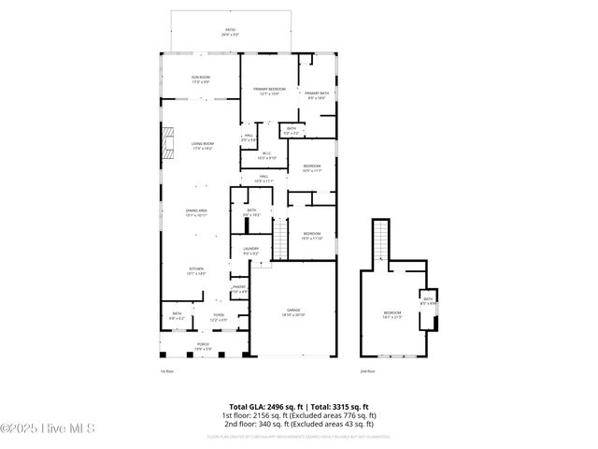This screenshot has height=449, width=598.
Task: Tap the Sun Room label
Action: click(201, 79)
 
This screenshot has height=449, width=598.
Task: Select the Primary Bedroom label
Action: click(269, 91)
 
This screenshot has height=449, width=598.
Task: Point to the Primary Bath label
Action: click(315, 94)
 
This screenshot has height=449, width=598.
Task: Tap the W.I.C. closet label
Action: click(266, 155)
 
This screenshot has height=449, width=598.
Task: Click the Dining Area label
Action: click(196, 212)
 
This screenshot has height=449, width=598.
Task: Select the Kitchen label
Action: click(196, 271)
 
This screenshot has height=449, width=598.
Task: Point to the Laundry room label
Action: click(250, 251)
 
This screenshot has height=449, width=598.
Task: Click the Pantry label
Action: click(239, 289)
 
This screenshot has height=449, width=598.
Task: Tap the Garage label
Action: click(294, 313)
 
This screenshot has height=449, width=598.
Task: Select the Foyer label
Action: click(218, 318)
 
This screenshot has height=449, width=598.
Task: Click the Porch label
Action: click(203, 346)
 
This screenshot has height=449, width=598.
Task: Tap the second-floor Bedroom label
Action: click(392, 314)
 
